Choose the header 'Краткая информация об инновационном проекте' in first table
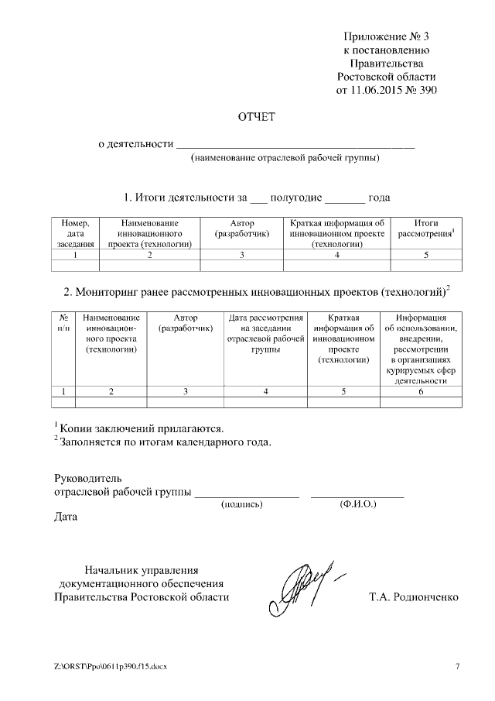pos(337,233)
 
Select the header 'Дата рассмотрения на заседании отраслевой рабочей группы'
pos(265,334)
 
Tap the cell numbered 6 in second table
pos(421,392)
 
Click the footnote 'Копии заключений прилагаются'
pos(140,428)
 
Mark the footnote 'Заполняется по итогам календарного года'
pos(163,442)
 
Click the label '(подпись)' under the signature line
pos(242,504)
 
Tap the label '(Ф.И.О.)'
pos(357,504)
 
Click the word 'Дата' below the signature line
pos(66,517)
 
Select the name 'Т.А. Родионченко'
pos(415,597)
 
